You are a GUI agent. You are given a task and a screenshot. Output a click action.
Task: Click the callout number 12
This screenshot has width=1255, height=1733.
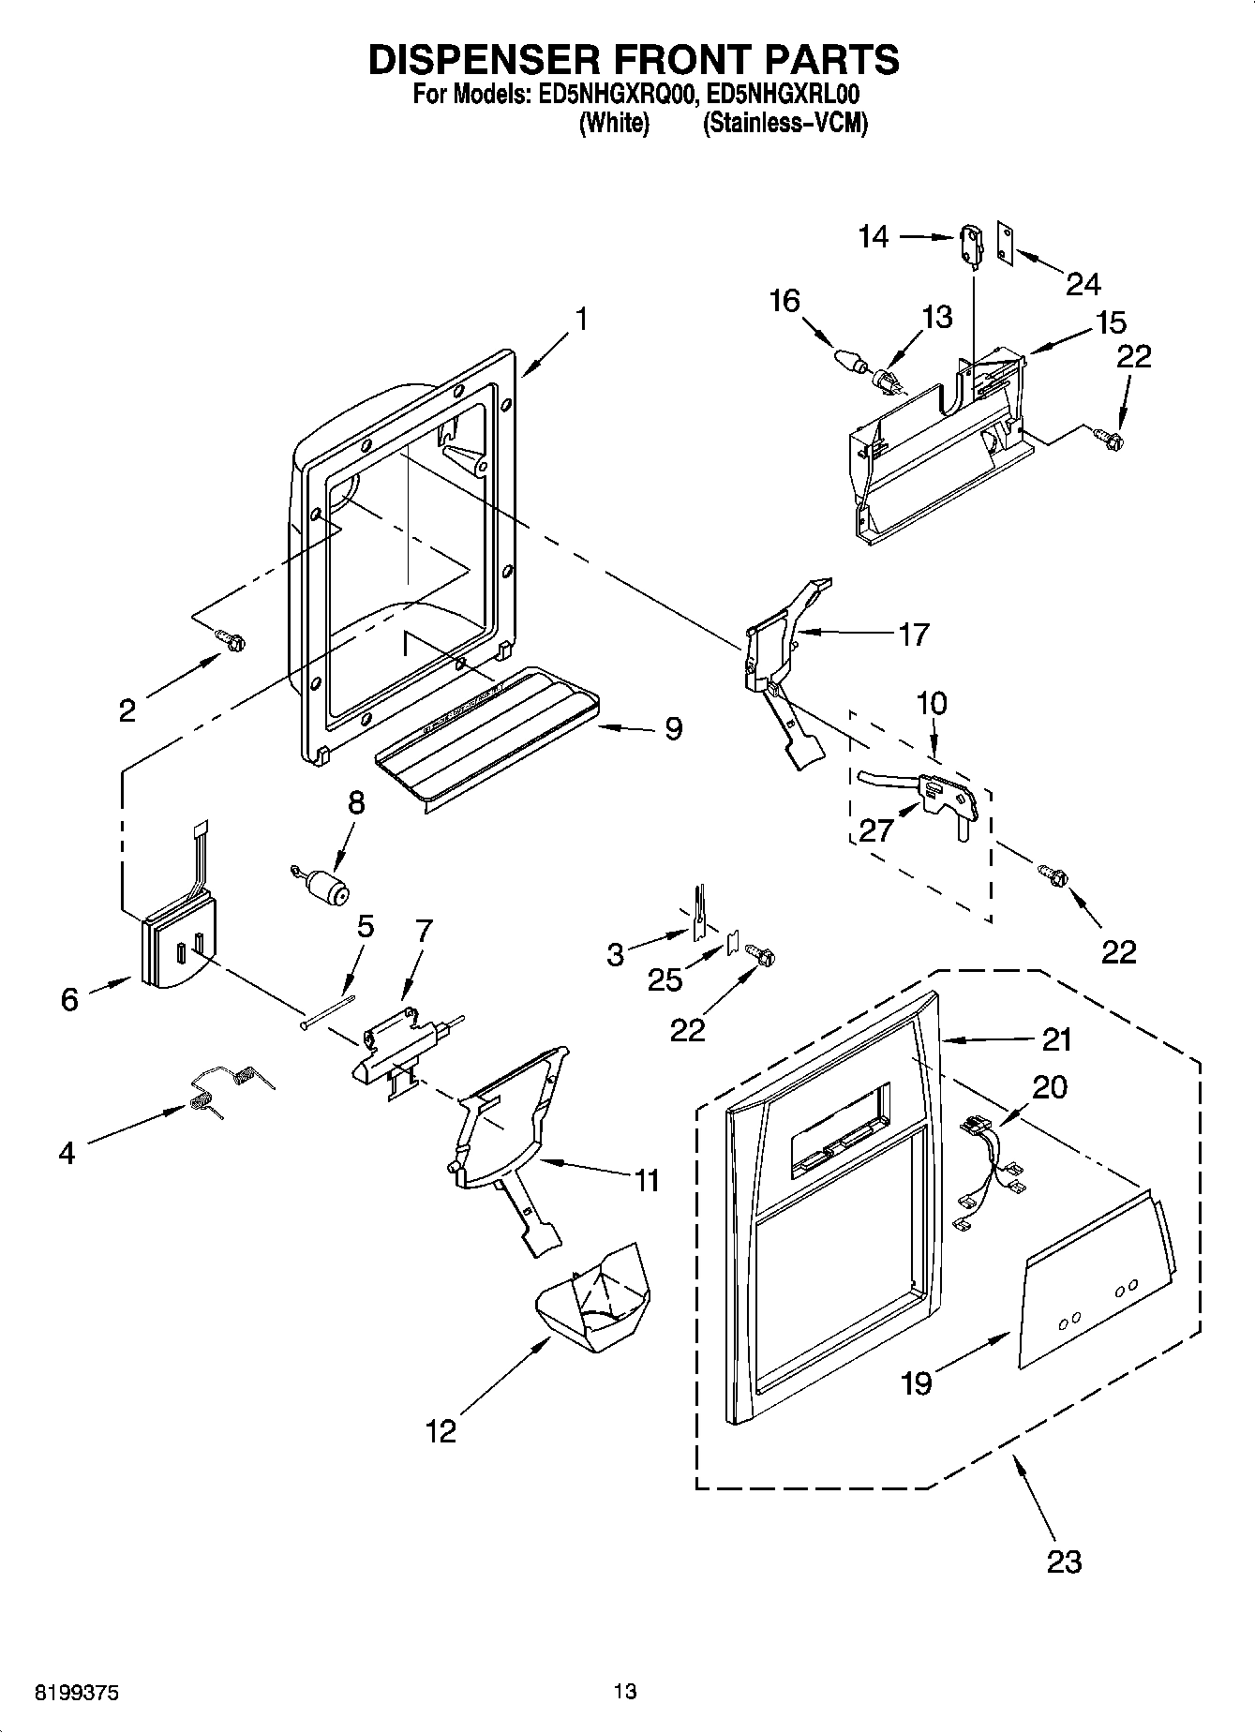coord(441,1431)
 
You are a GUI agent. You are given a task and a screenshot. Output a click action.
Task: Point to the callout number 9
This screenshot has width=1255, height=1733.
coord(673,729)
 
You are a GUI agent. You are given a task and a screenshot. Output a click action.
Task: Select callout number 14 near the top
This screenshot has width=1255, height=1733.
coord(873,236)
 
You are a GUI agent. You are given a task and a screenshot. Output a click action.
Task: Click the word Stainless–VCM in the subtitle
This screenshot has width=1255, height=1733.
coord(784,123)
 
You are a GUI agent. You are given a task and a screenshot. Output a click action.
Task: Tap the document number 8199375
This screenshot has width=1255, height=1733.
coord(77,1692)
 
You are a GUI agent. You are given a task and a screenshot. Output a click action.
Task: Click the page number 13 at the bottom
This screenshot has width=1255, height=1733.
coord(625,1692)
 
